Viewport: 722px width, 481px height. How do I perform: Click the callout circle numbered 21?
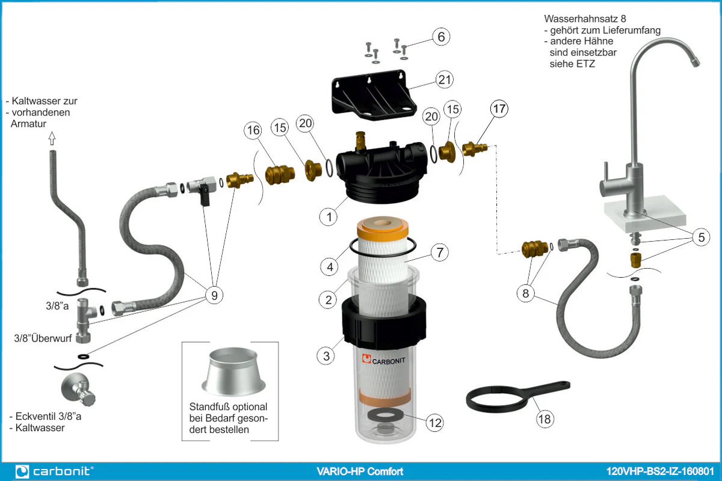click(x=445, y=79)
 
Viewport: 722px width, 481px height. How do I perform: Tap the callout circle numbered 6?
click(x=441, y=37)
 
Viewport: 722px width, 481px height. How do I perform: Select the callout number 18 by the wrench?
click(x=544, y=419)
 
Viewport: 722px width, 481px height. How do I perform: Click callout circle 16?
click(x=253, y=130)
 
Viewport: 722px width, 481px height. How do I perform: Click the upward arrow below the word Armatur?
click(x=52, y=139)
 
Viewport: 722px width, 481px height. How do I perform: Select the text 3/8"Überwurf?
click(x=43, y=338)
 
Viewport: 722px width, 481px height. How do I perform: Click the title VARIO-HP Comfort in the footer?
click(x=360, y=471)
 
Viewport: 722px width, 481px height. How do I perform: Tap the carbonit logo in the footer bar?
click(x=54, y=471)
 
